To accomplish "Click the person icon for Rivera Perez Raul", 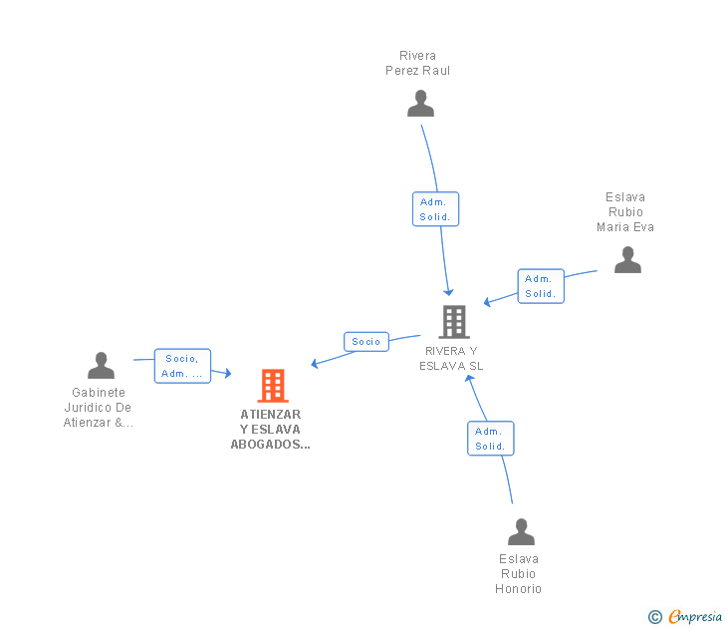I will click(x=420, y=104).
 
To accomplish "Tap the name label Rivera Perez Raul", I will click(x=418, y=63).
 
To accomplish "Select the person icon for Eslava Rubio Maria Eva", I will click(x=627, y=260).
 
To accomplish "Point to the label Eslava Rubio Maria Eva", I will click(x=625, y=212).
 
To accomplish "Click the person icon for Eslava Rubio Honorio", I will click(x=521, y=532).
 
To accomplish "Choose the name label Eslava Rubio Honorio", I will click(x=519, y=574).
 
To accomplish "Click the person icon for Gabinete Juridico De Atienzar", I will click(x=101, y=366).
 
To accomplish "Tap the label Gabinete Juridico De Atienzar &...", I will click(x=99, y=408).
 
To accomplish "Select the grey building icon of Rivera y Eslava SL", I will click(x=454, y=322).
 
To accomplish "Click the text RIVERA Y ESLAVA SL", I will click(x=451, y=358).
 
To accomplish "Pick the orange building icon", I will click(x=272, y=386).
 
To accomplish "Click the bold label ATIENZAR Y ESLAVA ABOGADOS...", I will click(x=270, y=430).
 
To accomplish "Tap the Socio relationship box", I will click(x=365, y=341).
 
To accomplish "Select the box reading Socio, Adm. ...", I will click(x=182, y=366).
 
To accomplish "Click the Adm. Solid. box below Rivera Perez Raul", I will click(x=435, y=209).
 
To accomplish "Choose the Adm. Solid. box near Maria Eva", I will click(x=541, y=286).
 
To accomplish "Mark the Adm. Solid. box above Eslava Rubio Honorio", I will click(x=490, y=439).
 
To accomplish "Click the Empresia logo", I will click(x=694, y=617).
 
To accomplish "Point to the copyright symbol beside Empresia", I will click(x=655, y=617).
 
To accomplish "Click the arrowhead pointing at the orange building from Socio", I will click(x=315, y=364).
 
